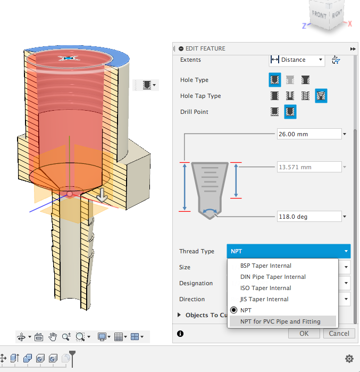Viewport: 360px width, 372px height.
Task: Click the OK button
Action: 304,334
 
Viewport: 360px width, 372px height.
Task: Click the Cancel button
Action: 339,334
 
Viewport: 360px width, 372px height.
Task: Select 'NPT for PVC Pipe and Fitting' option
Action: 280,321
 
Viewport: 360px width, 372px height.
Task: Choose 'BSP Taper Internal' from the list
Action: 265,266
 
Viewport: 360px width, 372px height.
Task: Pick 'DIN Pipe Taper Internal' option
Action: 273,277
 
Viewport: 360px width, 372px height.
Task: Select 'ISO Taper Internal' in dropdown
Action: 265,288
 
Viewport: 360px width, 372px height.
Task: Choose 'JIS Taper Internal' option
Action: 264,299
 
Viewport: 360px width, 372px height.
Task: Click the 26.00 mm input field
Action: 308,134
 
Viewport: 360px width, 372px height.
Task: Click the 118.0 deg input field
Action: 308,217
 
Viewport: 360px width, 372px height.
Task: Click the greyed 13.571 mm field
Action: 308,167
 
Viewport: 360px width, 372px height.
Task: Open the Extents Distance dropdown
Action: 297,60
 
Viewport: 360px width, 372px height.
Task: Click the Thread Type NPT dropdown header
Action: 289,251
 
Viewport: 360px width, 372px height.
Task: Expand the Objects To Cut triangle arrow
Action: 180,315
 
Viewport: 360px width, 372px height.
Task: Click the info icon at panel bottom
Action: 180,334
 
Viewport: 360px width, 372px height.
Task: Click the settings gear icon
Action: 349,359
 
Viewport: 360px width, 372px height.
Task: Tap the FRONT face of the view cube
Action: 319,15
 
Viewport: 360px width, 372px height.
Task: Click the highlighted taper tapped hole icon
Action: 321,96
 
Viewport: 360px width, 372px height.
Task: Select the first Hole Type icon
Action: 275,80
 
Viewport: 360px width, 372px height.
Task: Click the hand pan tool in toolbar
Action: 53,337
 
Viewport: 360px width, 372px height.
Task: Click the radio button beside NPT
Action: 233,310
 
